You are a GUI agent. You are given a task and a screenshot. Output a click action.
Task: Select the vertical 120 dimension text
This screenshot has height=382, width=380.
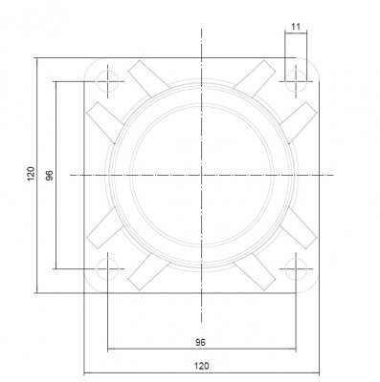coord(30,175)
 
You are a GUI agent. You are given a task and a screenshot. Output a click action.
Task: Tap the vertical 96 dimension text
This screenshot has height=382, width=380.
coord(49,175)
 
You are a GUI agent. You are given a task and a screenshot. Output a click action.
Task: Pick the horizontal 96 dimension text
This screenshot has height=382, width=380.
coord(202,340)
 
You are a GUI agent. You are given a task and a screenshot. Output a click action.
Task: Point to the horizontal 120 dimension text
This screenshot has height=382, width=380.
coord(202,364)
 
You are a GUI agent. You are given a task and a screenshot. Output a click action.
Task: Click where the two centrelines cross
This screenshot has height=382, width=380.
coord(202,175)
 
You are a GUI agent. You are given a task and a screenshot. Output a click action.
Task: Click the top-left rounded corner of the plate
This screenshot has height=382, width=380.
coord(90,63)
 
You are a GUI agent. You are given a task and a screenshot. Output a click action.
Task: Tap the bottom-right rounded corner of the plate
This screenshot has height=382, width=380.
coord(314,287)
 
